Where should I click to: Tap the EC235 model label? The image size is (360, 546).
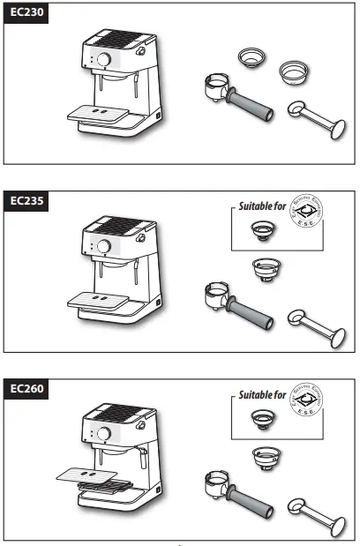[x=26, y=200]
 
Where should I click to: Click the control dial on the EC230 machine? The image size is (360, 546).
[x=104, y=60]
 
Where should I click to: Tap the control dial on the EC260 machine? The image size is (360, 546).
[x=104, y=434]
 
